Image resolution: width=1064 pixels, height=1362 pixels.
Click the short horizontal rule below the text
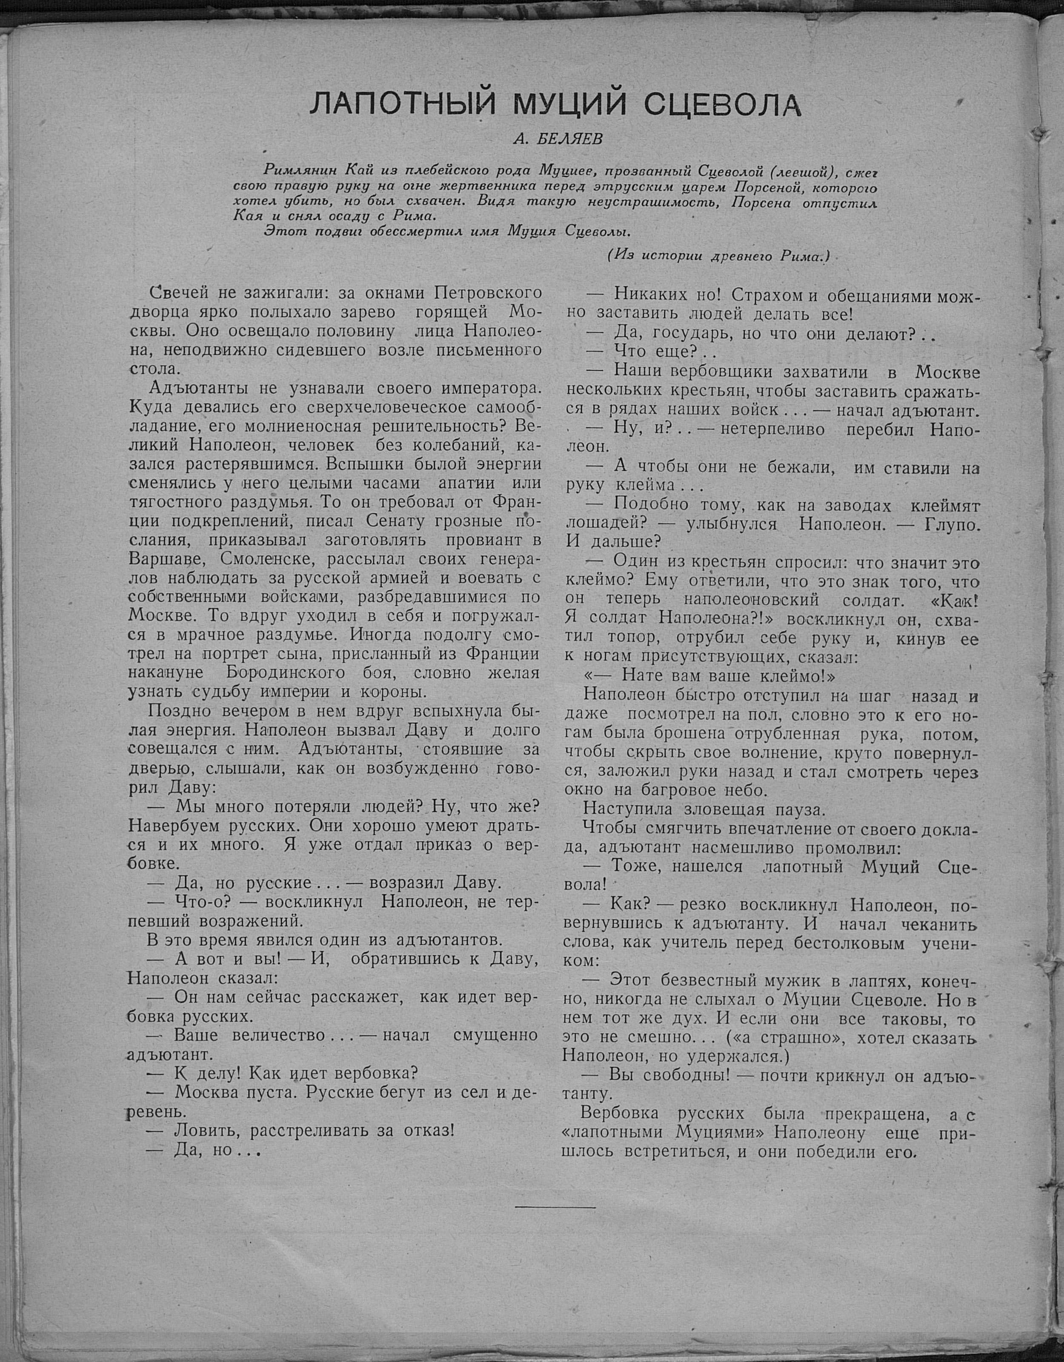click(x=555, y=1208)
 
